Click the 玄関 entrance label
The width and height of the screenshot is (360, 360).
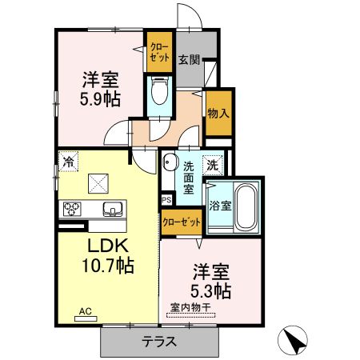pos(189,60)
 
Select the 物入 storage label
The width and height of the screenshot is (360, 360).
pos(217,113)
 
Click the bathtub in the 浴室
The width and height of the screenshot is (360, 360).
pos(245,210)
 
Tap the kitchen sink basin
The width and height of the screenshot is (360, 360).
pos(111,210)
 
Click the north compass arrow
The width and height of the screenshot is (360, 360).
pos(294,342)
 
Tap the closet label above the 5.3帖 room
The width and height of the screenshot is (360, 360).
pos(180,222)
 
